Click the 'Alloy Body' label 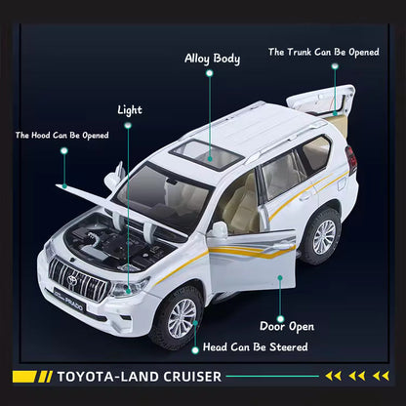point(212,59)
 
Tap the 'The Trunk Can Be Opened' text point(324,52)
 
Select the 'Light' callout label point(130,110)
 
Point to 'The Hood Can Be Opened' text point(62,136)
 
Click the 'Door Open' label point(287,327)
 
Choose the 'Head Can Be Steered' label point(256,347)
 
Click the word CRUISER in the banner point(192,377)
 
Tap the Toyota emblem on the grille point(72,280)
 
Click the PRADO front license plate point(69,300)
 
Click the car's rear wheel point(321,236)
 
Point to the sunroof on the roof point(208,155)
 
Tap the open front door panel point(251,260)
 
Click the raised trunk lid point(321,101)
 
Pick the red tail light point(350,160)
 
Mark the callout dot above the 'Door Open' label point(280,319)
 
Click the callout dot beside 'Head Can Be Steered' point(195,350)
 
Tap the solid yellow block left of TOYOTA point(24,377)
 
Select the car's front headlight point(129,288)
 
